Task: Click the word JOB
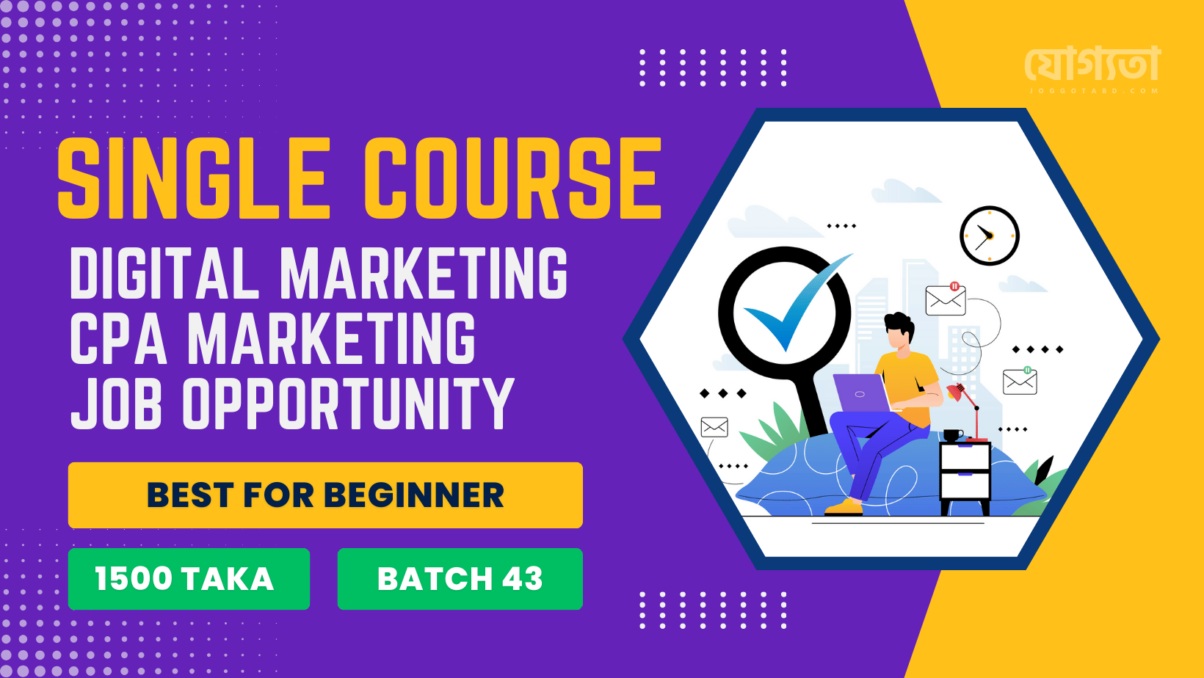click(116, 403)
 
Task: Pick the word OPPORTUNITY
click(348, 403)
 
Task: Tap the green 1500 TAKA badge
click(189, 579)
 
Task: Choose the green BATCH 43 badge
click(460, 579)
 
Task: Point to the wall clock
click(990, 236)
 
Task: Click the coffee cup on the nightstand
click(952, 435)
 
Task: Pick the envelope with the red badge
click(946, 299)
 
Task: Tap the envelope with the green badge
click(1020, 380)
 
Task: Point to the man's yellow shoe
click(844, 507)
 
